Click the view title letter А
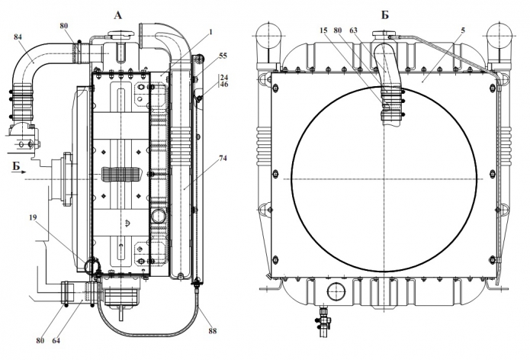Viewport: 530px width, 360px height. [x=117, y=15]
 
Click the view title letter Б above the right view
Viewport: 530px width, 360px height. [x=385, y=15]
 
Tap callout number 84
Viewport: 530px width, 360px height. [x=18, y=37]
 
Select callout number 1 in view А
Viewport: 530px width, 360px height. [x=210, y=32]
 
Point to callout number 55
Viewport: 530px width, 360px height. [x=223, y=56]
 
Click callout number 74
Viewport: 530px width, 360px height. [x=223, y=158]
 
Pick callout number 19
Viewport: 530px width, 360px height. [x=33, y=217]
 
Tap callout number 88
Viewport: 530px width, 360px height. [x=212, y=331]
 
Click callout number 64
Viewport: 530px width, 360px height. [x=56, y=340]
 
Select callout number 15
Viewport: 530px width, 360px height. [x=323, y=31]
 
